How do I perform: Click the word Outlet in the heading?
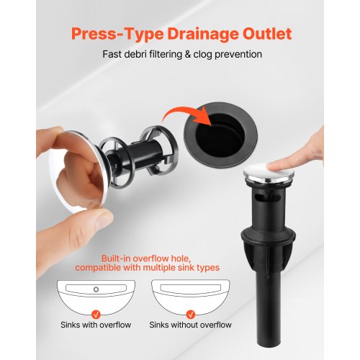click(267, 34)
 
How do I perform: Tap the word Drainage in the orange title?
click(203, 35)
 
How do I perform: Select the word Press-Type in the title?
click(117, 35)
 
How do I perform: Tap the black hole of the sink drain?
click(220, 138)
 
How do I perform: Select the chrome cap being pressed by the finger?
click(269, 173)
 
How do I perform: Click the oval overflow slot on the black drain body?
click(268, 198)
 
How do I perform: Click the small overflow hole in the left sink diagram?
click(96, 289)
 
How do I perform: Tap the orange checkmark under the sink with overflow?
click(96, 314)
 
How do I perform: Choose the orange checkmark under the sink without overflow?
click(191, 314)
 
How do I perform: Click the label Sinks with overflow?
click(96, 325)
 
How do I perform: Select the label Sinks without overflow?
click(190, 325)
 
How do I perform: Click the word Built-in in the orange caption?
click(116, 258)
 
